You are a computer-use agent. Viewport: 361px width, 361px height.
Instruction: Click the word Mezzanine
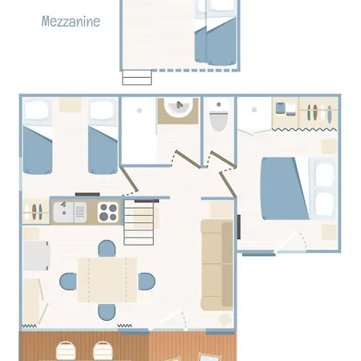[71, 22]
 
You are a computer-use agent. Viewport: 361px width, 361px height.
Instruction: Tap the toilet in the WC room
[219, 117]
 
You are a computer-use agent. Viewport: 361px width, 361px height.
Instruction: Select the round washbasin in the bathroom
[178, 107]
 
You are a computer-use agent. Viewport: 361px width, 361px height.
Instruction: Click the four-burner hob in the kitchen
[108, 212]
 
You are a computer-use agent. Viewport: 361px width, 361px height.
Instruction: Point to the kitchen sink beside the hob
[70, 213]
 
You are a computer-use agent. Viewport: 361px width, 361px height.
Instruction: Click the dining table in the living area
[107, 280]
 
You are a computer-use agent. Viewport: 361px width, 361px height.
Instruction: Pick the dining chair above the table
[107, 249]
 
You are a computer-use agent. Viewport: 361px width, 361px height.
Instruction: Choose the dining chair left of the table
[68, 282]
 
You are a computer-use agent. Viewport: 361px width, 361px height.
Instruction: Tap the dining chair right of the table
[147, 282]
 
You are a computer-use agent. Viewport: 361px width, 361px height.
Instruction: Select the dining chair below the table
[107, 312]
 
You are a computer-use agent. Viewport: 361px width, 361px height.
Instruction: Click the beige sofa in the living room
[217, 265]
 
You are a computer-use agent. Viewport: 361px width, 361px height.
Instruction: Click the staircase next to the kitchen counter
[139, 222]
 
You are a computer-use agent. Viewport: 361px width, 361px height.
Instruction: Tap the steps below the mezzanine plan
[137, 77]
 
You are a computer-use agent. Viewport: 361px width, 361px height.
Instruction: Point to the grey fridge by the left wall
[36, 256]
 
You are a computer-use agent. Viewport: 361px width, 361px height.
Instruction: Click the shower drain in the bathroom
[140, 111]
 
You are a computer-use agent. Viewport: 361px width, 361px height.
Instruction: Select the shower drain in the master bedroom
[254, 110]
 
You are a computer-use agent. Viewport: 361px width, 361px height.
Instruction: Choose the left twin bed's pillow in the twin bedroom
[38, 110]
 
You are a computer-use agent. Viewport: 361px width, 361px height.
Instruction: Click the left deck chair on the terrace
[66, 351]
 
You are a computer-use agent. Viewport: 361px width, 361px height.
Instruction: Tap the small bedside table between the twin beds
[70, 105]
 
